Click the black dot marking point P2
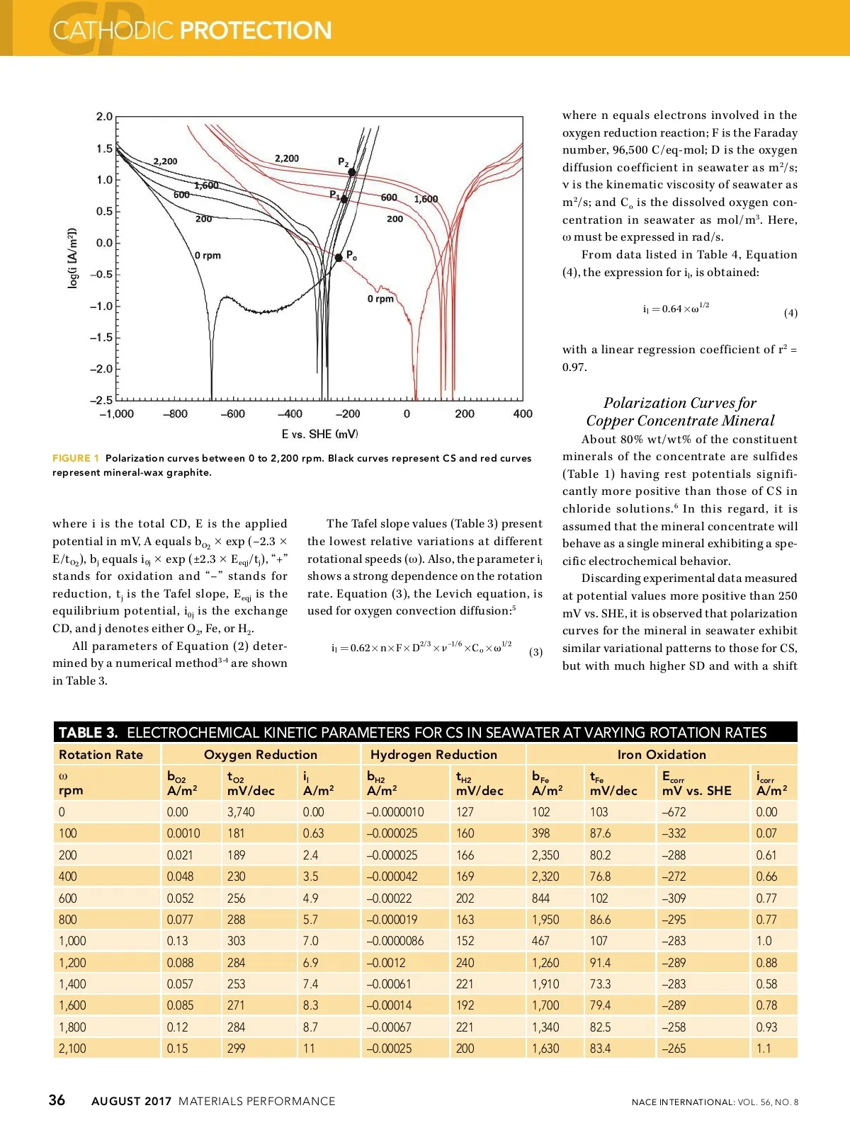tap(352, 172)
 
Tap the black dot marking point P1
tap(344, 200)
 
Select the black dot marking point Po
tap(339, 258)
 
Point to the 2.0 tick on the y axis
tap(104, 117)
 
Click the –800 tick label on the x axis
tap(175, 414)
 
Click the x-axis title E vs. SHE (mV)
tap(319, 434)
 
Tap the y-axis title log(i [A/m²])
tap(72, 258)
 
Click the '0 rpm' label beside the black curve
tap(208, 256)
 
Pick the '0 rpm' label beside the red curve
tap(380, 299)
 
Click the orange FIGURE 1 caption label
tap(76, 458)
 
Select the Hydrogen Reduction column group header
tap(433, 755)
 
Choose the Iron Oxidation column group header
tap(662, 755)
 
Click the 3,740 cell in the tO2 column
tap(241, 812)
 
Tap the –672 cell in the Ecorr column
tap(674, 812)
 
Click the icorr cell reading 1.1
tap(764, 1049)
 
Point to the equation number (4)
tap(790, 313)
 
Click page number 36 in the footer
tap(57, 1100)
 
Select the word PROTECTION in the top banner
tap(256, 30)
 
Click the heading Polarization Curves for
tap(679, 403)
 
